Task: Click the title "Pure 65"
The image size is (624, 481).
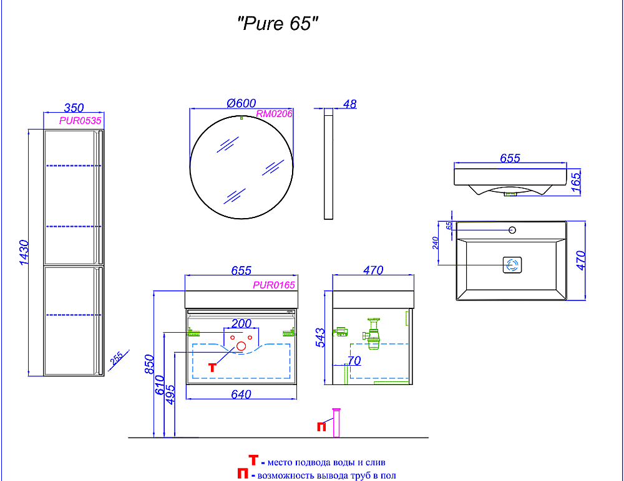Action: pyautogui.click(x=278, y=24)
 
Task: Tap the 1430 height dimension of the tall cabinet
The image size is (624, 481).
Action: pyautogui.click(x=24, y=252)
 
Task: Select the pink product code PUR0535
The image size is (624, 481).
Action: pyautogui.click(x=80, y=120)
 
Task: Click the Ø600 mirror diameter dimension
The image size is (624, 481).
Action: pyautogui.click(x=241, y=103)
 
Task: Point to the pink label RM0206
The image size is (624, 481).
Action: pyautogui.click(x=274, y=113)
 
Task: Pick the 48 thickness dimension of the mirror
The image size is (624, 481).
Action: pyautogui.click(x=349, y=104)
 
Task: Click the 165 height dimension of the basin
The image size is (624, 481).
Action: pyautogui.click(x=576, y=181)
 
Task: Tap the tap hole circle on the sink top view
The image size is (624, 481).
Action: pyautogui.click(x=512, y=230)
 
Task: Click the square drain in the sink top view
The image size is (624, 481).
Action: pyautogui.click(x=512, y=265)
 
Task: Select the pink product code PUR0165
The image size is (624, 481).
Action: pyautogui.click(x=274, y=285)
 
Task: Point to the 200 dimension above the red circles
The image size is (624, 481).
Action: pyautogui.click(x=241, y=323)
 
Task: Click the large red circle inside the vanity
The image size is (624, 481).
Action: pyautogui.click(x=241, y=346)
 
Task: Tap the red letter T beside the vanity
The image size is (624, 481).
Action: pyautogui.click(x=213, y=368)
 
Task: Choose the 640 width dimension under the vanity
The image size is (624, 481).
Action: pyautogui.click(x=241, y=394)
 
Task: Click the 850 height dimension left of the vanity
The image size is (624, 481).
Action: pyautogui.click(x=149, y=364)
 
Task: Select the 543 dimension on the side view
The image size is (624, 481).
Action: pyautogui.click(x=320, y=338)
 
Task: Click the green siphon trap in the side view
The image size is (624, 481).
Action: pyautogui.click(x=372, y=333)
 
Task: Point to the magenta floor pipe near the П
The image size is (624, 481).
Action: pyautogui.click(x=336, y=422)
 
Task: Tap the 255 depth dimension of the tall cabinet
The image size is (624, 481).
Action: pyautogui.click(x=116, y=358)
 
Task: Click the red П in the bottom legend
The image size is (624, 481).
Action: pyautogui.click(x=243, y=474)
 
